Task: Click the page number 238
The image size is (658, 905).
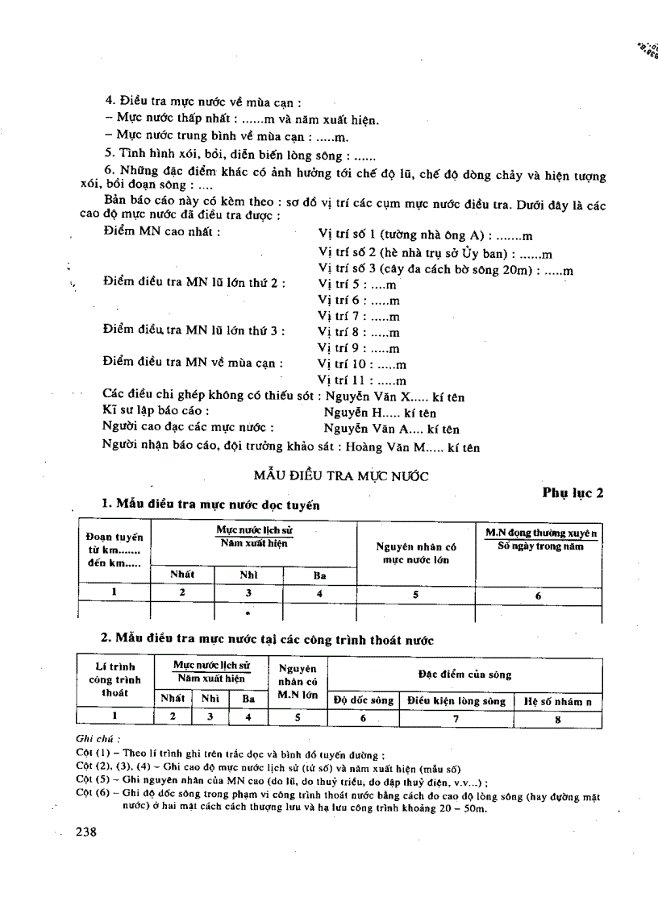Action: [x=85, y=832]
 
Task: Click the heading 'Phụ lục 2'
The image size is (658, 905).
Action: [x=573, y=493]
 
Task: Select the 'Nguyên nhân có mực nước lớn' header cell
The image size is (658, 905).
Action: [x=416, y=553]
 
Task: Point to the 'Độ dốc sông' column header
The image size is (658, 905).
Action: [x=364, y=700]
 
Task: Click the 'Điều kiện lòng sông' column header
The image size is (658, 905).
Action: [x=456, y=700]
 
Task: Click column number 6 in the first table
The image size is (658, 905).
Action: [x=538, y=596]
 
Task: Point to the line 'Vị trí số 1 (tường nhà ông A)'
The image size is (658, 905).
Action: [x=426, y=235]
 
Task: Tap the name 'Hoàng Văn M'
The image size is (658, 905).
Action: [x=427, y=447]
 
